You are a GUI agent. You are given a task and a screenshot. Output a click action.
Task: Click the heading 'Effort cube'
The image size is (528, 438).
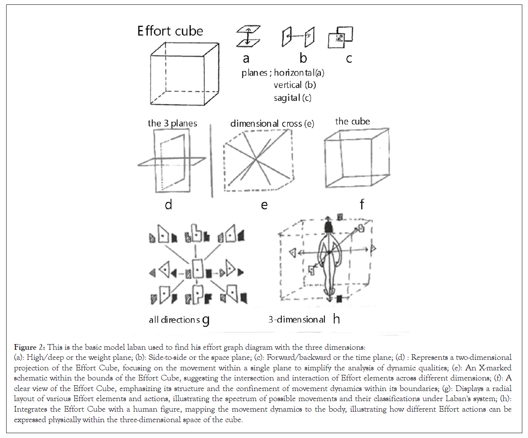170,32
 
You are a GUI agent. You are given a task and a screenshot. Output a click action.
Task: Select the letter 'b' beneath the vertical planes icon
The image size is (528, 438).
303,57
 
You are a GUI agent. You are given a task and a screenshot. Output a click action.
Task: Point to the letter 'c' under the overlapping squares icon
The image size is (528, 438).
349,58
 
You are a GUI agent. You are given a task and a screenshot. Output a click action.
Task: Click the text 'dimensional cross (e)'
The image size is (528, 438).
273,124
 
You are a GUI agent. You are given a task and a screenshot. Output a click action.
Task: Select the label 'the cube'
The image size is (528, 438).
353,121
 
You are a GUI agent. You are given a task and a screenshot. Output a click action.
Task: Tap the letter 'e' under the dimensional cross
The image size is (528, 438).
264,205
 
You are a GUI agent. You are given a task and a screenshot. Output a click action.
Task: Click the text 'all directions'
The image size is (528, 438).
174,320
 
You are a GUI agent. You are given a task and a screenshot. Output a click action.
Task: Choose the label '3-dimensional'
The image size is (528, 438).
297,320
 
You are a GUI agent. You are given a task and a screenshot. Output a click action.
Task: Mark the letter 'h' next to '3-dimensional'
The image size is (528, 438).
336,319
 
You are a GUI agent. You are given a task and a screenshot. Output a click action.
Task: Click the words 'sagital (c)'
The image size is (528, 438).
293,98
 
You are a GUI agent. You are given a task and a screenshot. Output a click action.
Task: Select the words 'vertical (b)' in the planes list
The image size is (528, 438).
295,85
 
